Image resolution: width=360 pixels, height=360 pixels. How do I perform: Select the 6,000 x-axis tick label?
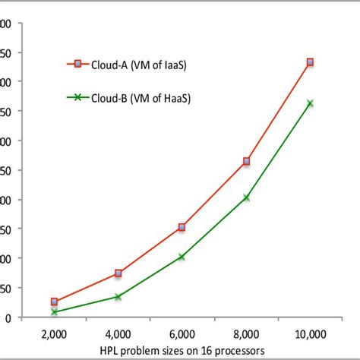(182, 333)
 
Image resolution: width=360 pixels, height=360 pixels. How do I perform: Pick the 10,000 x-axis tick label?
(309, 333)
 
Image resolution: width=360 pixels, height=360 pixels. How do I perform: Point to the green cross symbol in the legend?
(76, 97)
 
